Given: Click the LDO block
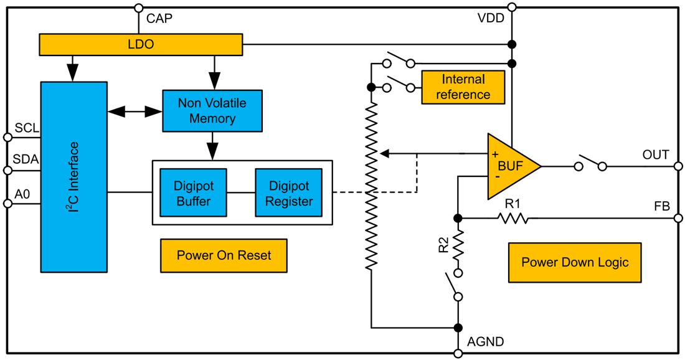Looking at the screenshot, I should tap(141, 44).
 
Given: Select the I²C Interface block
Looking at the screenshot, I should tap(73, 176).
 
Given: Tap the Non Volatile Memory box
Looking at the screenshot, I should tap(212, 111).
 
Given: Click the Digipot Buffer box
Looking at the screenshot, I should tap(193, 192).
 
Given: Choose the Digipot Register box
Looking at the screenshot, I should tap(288, 192).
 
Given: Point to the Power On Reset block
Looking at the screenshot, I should tap(224, 255).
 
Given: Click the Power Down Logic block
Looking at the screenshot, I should tap(575, 262).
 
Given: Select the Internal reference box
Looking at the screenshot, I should tap(463, 87).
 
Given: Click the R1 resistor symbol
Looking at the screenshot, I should tap(513, 218).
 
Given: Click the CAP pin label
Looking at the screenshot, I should tap(159, 19).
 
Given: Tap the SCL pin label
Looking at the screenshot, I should tap(27, 128).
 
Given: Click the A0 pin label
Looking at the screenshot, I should tap(22, 194).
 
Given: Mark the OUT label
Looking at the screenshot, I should tap(656, 154).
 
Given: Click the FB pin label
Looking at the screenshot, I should tap(662, 206).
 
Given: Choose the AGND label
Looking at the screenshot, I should tap(486, 341).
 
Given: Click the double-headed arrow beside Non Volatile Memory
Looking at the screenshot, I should tap(135, 111).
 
